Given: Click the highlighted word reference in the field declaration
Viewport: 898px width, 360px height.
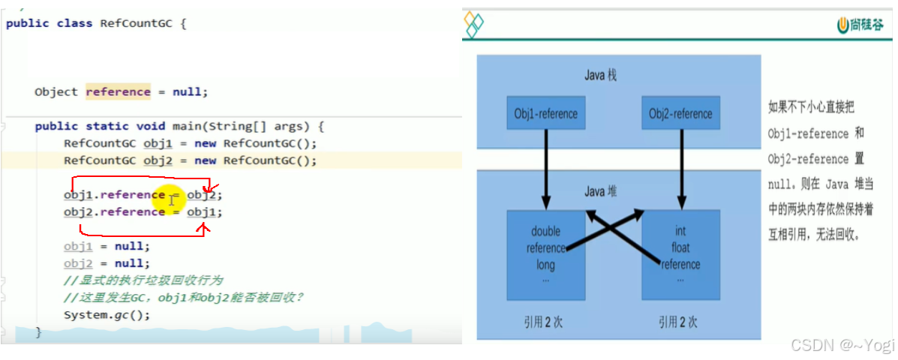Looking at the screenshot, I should (118, 91).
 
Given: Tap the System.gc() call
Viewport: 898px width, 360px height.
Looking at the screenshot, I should (107, 314).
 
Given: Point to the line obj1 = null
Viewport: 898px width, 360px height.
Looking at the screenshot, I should (107, 246).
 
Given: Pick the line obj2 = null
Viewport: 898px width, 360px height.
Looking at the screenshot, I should (107, 263).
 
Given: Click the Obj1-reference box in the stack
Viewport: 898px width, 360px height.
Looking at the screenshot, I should (545, 114).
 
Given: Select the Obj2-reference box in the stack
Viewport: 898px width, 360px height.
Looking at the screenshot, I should (681, 114).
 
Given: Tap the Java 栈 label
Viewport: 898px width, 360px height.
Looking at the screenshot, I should (600, 76).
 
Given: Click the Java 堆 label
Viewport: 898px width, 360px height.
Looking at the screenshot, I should (600, 192).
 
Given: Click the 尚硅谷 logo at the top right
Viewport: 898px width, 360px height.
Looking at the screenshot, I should (862, 25).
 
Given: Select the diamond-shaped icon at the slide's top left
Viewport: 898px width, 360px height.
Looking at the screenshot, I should (474, 24).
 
